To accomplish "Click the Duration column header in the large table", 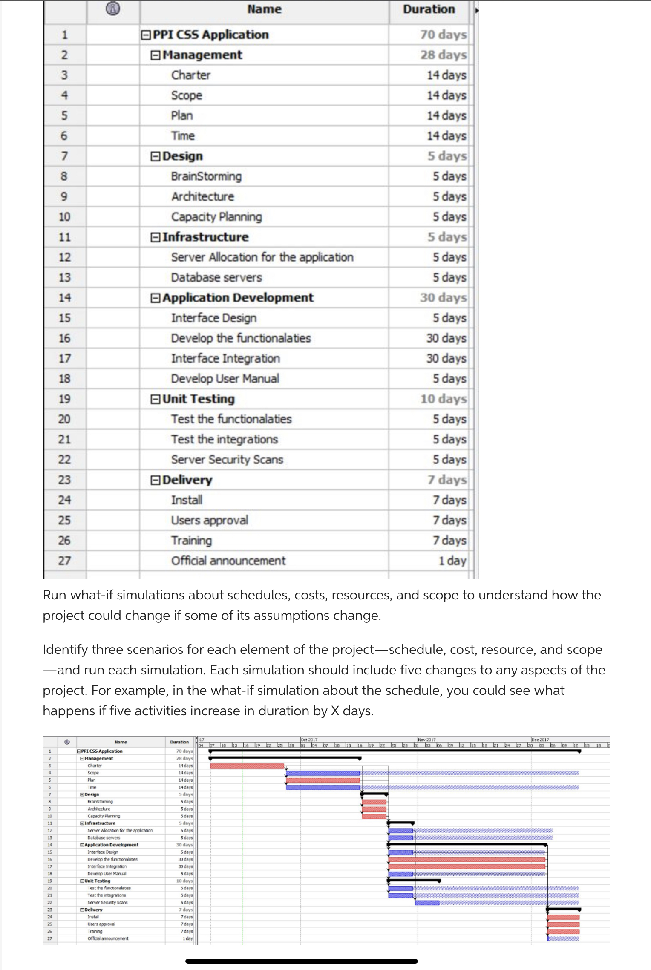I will (429, 9).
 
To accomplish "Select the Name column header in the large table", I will (264, 9).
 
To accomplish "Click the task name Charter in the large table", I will (191, 75).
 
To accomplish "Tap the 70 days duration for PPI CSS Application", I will (443, 35).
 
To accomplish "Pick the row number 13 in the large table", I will (64, 278).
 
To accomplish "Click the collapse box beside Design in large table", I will (156, 156).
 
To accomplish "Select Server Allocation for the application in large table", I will (262, 257).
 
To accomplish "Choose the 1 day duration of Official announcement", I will (452, 561).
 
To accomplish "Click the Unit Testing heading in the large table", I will (199, 399).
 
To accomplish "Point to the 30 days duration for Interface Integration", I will (446, 358).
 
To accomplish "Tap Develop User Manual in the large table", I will (225, 379).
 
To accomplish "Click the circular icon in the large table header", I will (112, 8).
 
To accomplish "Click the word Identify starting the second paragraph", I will (65, 649).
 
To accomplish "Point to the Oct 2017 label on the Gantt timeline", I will (309, 740).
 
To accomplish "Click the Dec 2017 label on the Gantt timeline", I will (540, 740).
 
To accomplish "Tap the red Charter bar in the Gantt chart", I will (247, 766).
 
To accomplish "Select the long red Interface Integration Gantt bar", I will (467, 866).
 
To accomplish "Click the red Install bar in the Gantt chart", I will (563, 917).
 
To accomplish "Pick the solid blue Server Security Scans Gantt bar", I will (427, 902).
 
